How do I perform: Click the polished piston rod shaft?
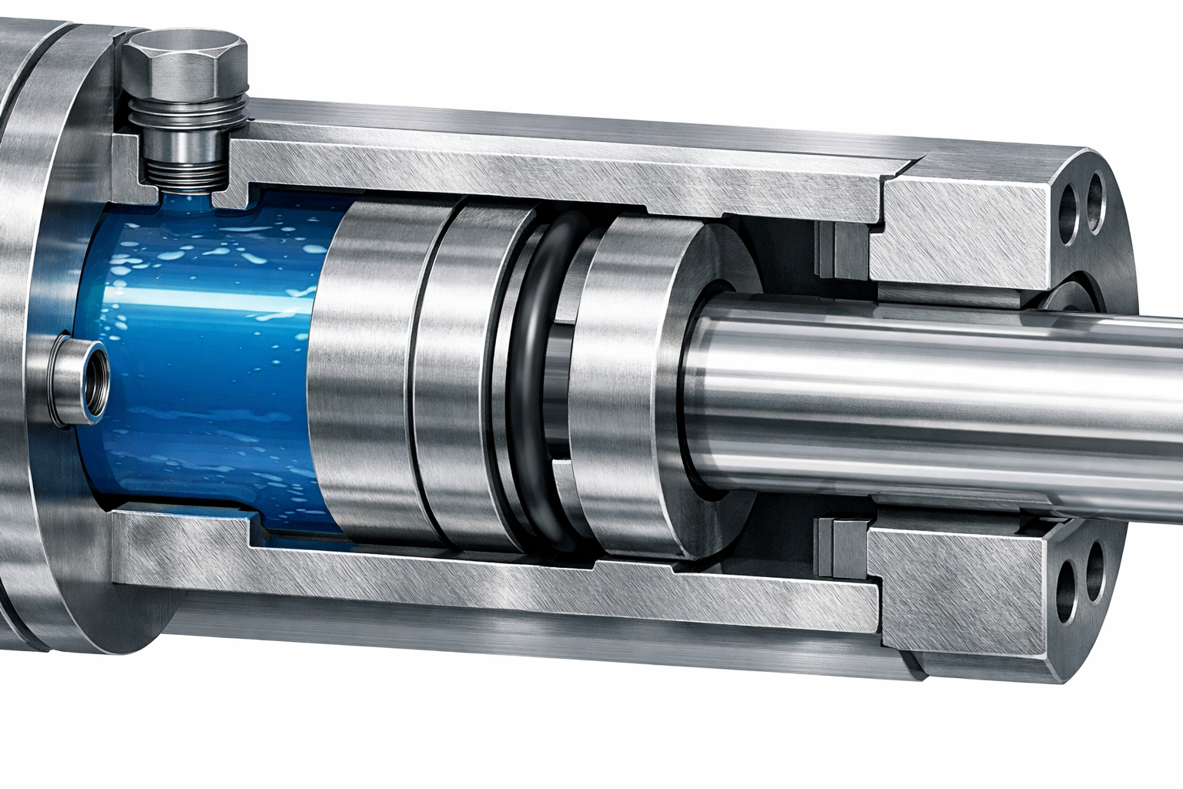point(924,401)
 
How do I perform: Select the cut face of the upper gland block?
point(963,231)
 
